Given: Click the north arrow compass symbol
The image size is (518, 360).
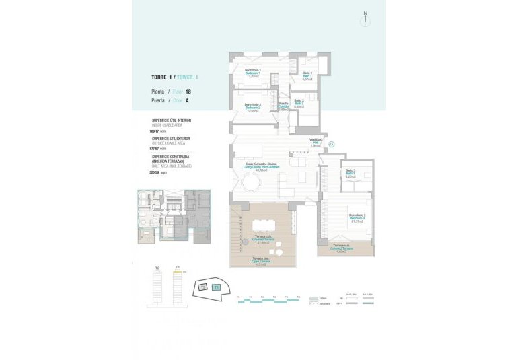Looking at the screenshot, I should tap(365, 17).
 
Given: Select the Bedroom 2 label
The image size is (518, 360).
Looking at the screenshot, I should tap(253, 107).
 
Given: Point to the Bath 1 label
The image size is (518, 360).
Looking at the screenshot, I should tap(307, 75).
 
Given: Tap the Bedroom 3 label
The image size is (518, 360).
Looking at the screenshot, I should tap(357, 218).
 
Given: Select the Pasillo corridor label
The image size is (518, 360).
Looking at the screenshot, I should tap(284, 106).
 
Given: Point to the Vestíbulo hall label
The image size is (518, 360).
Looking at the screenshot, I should tap(316, 143).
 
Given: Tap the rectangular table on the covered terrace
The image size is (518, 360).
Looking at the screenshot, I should tap(263, 227).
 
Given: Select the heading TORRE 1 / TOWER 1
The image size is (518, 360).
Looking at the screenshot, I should tap(175, 77).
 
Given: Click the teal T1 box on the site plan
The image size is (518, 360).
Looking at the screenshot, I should tap(216, 287).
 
